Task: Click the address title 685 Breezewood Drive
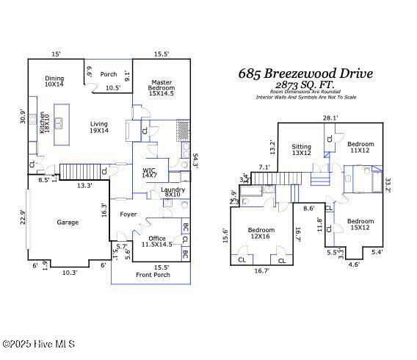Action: click(305, 73)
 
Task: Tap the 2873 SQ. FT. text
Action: click(305, 85)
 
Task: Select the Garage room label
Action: click(68, 221)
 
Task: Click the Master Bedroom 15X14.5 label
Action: click(161, 88)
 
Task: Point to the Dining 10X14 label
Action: click(54, 82)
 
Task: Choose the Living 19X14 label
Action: click(99, 127)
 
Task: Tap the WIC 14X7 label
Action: click(150, 173)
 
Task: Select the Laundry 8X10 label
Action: click(173, 192)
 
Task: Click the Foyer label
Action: click(128, 215)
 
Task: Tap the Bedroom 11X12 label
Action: click(360, 147)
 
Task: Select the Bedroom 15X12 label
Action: click(360, 225)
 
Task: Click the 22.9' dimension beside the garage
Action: click(23, 217)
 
